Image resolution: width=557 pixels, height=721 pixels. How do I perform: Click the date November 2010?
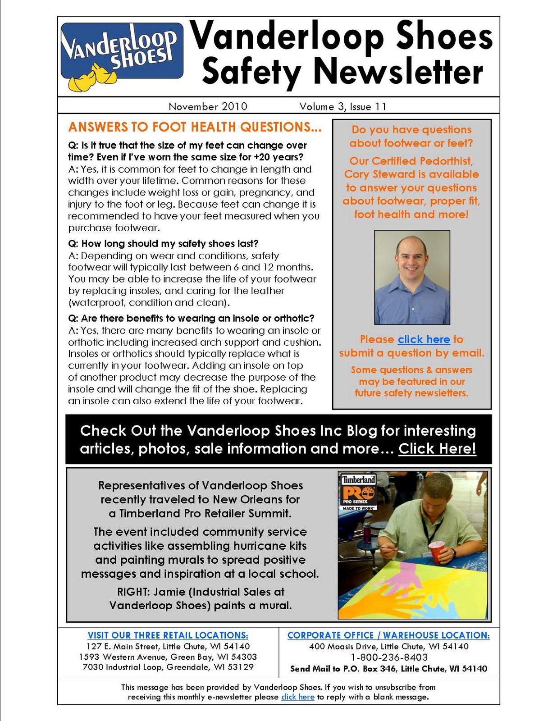click(208, 107)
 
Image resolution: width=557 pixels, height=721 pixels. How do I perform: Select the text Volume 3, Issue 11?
click(342, 107)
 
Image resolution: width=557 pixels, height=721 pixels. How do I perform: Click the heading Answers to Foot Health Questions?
click(195, 128)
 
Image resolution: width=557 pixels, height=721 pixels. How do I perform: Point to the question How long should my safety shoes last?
click(163, 244)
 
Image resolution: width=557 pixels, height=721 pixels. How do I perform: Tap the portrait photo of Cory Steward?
click(412, 277)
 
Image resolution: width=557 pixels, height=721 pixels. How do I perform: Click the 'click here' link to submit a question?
click(424, 340)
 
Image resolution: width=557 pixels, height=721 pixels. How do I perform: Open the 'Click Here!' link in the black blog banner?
click(437, 449)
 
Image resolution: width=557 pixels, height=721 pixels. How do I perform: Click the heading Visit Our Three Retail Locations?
click(168, 635)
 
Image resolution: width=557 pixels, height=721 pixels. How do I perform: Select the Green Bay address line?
click(168, 657)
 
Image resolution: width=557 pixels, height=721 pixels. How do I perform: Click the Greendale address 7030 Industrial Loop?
click(168, 667)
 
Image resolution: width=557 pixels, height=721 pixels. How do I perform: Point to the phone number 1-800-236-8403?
click(388, 657)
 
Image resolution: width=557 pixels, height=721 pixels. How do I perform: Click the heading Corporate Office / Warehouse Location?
click(388, 635)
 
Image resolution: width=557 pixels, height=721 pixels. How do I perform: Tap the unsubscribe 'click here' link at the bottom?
click(297, 697)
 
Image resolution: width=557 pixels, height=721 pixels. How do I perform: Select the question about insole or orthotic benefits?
click(191, 319)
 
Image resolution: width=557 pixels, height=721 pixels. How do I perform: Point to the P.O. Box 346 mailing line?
click(388, 669)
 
